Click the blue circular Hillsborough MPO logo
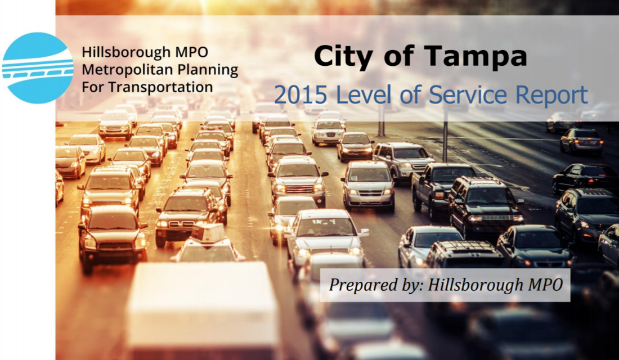pyautogui.click(x=38, y=68)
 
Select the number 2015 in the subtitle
pyautogui.click(x=301, y=95)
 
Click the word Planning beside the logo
pyautogui.click(x=207, y=70)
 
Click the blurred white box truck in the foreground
pyautogui.click(x=202, y=310)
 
